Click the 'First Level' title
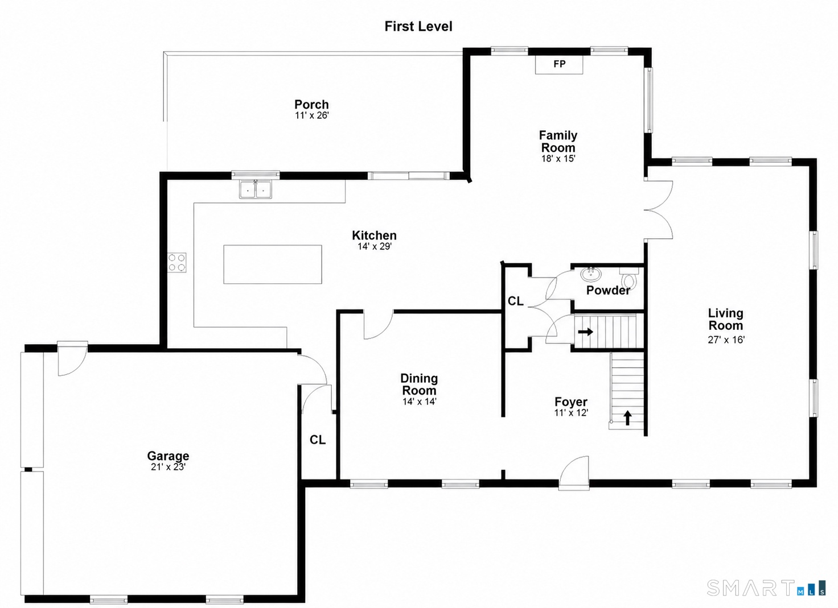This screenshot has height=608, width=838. coord(418,27)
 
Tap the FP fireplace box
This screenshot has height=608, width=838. coord(559,64)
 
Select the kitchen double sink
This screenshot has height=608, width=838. coord(256,189)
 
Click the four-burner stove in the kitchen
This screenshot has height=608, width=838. coord(177,262)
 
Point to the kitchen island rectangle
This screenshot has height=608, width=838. coord(273,264)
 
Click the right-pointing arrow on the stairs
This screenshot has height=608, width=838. coord(585,332)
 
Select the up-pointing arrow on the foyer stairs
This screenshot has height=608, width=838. coord(628,418)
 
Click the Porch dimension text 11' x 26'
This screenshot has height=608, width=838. coord(311,115)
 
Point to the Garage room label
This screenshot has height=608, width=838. coord(168,456)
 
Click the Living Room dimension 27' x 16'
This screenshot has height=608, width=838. coord(726,340)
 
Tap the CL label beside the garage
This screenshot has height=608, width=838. coord(318,440)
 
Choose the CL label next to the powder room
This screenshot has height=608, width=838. coord(516,301)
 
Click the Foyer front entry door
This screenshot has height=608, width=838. coord(574,473)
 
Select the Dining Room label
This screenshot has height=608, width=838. coord(419,384)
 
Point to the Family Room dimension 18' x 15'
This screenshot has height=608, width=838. coord(558,159)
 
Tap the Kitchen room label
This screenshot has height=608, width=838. coord(374,235)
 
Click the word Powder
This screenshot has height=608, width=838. coord(608,291)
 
